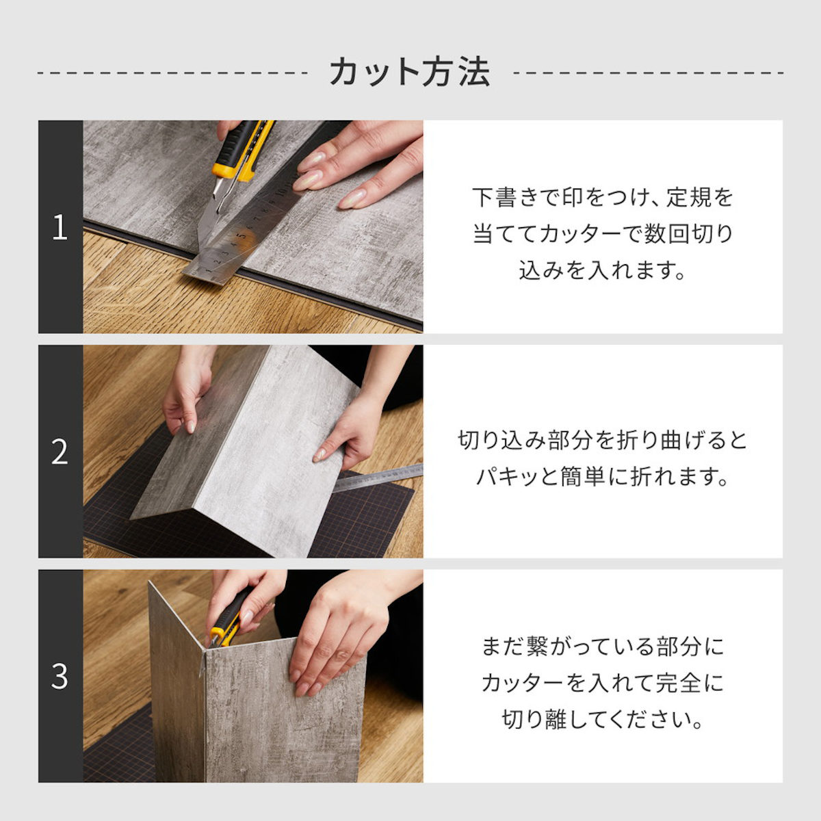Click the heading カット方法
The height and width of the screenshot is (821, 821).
coord(410,73)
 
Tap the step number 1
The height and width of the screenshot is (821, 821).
coord(60,228)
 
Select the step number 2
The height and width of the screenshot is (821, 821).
coord(60,452)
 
